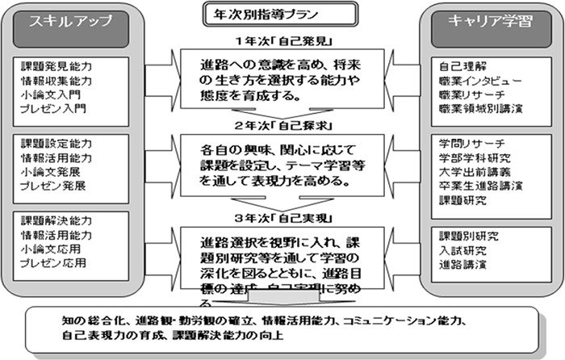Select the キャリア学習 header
click(481, 23)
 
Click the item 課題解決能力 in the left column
click(54, 220)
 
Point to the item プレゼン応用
click(53, 262)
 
